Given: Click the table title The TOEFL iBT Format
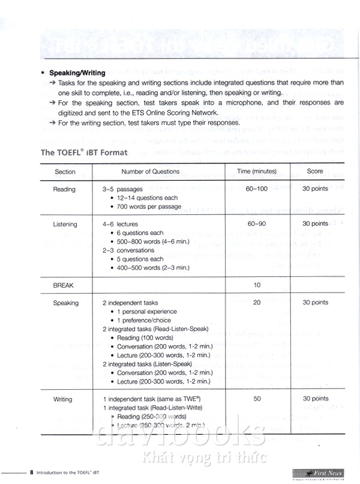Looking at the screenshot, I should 84,153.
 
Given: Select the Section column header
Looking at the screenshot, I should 65,172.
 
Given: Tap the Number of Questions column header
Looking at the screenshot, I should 150,172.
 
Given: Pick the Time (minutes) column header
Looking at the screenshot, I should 257,172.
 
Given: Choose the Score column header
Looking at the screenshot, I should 315,172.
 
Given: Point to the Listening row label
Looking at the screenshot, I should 65,225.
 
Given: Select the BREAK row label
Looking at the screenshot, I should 64,285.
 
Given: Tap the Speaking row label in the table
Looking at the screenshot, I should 66,303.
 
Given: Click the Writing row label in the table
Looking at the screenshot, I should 63,399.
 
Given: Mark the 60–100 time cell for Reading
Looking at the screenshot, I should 257,189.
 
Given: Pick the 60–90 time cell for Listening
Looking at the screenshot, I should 256,224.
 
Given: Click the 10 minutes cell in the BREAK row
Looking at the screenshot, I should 257,285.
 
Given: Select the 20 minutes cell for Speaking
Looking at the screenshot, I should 257,303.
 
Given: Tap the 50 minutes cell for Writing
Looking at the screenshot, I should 257,399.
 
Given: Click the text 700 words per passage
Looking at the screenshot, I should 149,207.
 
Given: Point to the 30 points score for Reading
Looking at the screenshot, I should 315,189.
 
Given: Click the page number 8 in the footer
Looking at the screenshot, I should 31,472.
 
